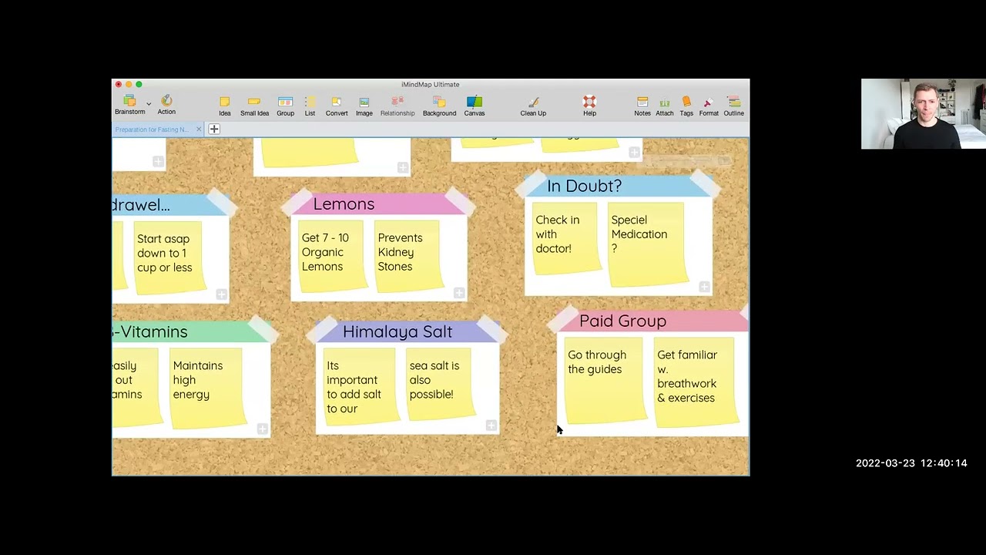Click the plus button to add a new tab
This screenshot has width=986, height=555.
tap(214, 129)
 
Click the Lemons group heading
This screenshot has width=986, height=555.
tap(344, 203)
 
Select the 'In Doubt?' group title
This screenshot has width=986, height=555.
tap(584, 186)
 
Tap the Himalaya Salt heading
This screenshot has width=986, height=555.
tap(397, 331)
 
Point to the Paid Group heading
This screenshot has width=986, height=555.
tap(622, 321)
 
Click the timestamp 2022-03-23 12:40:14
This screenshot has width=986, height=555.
tap(911, 463)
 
